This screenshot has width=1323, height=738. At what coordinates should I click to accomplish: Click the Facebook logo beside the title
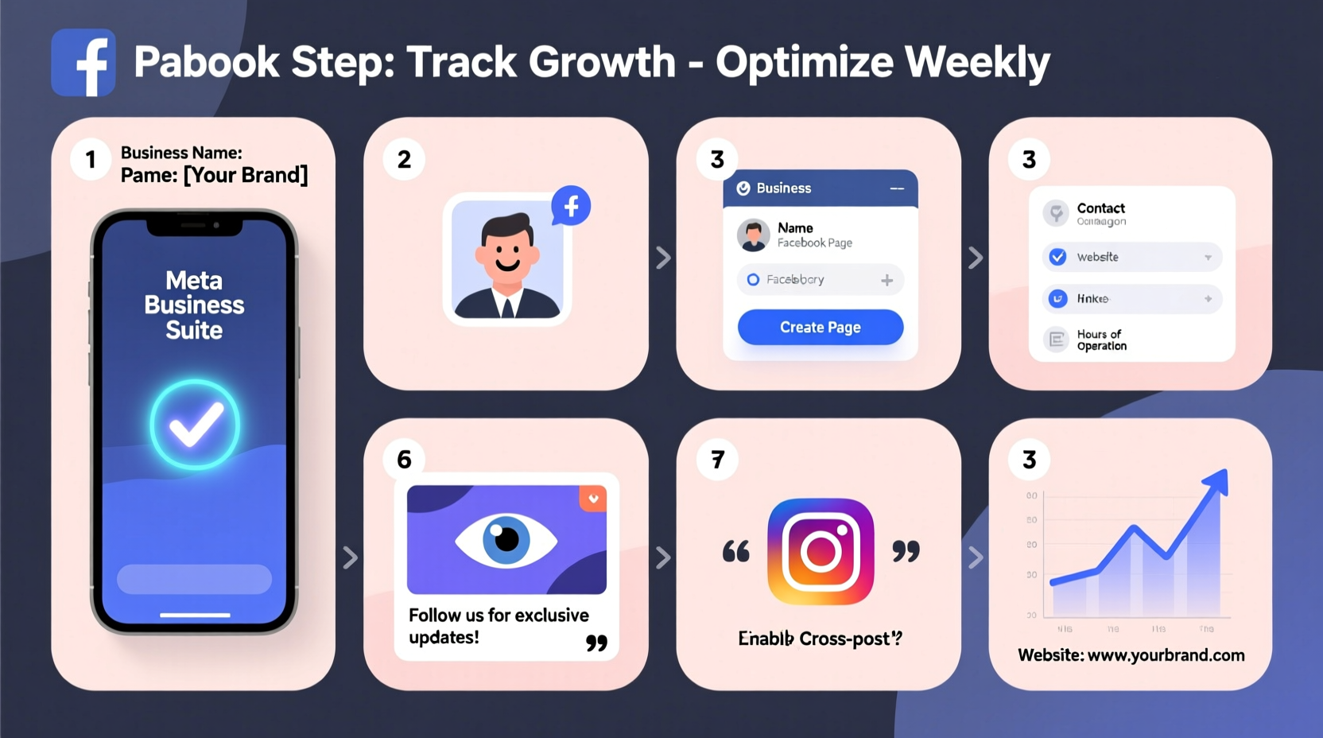(x=83, y=63)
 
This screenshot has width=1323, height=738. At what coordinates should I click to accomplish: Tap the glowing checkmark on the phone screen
(x=195, y=425)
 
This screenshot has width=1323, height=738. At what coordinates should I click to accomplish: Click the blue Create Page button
(x=820, y=327)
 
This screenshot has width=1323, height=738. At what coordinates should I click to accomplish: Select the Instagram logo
(x=821, y=551)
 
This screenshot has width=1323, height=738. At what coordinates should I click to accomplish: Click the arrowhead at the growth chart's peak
(x=1217, y=481)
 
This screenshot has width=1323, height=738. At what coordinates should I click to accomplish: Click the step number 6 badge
(x=404, y=459)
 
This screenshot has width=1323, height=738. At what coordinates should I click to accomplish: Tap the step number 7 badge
(x=717, y=459)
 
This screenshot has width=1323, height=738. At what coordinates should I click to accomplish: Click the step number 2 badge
(x=404, y=159)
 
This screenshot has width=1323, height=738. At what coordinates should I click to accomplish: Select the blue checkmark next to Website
(x=1057, y=257)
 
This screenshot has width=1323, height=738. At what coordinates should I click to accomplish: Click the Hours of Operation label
(x=1101, y=340)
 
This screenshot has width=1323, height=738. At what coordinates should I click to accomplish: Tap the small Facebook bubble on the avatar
(x=571, y=206)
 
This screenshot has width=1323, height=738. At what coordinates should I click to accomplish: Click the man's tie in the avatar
(x=507, y=306)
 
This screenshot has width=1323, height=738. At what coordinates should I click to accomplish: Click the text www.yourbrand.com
(x=1166, y=655)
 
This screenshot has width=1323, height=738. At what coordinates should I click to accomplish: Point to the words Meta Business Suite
(x=194, y=305)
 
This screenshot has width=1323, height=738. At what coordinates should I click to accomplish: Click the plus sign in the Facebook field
(x=887, y=280)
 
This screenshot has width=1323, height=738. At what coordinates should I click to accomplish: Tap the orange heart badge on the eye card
(x=593, y=499)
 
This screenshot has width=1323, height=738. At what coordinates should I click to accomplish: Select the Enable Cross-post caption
(x=820, y=639)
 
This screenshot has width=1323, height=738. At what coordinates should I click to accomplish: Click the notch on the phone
(x=194, y=226)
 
